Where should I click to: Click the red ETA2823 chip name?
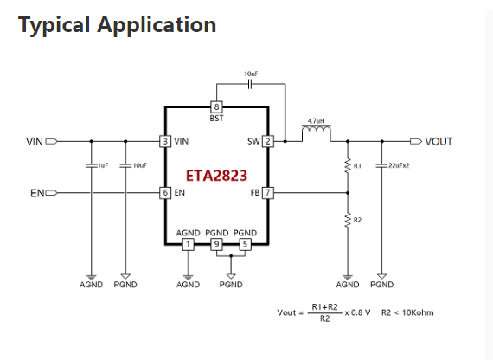click(x=216, y=176)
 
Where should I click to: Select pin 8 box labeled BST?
click(x=216, y=107)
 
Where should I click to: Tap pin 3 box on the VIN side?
click(x=165, y=141)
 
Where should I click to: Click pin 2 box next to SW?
click(x=268, y=141)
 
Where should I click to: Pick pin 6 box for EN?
click(x=165, y=193)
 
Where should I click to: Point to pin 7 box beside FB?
click(x=268, y=193)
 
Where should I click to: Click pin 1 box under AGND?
click(x=188, y=244)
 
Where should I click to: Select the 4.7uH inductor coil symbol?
click(x=317, y=130)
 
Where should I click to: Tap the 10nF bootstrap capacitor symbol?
click(x=250, y=84)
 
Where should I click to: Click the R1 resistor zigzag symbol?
click(x=348, y=166)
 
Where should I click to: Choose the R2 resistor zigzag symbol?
click(x=348, y=220)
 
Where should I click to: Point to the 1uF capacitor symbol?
click(x=92, y=165)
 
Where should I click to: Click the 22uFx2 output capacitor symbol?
click(x=382, y=165)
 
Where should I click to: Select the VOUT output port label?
click(x=439, y=142)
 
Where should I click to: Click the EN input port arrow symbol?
click(x=52, y=193)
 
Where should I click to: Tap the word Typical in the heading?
click(x=54, y=25)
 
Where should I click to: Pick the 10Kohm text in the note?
click(x=418, y=312)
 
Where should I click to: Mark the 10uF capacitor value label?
click(x=139, y=165)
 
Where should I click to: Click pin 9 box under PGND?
click(x=216, y=244)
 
